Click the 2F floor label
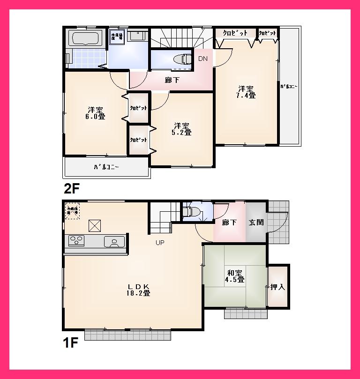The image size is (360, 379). pos(72,189)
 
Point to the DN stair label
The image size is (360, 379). pos(202,59)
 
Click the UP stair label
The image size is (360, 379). pos(160,243)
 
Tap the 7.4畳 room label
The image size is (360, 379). pos(246,92)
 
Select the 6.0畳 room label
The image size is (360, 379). pos(95,112)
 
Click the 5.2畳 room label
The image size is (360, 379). pos(182,129)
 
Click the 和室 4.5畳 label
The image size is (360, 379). pos(235,276)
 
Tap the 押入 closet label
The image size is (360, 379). pos(277,287)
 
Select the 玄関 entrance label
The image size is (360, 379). pos(256,223)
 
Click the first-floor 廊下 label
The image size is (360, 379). pos(229,223)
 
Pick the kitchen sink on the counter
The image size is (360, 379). pos(114,241)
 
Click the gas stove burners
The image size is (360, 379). pos(76,241)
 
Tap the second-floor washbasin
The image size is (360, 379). pos(137,36)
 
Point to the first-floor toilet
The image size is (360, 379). pos(193,211)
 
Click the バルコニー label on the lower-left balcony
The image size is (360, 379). pos(106,167)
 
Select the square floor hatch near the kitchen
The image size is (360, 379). pos(95,226)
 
